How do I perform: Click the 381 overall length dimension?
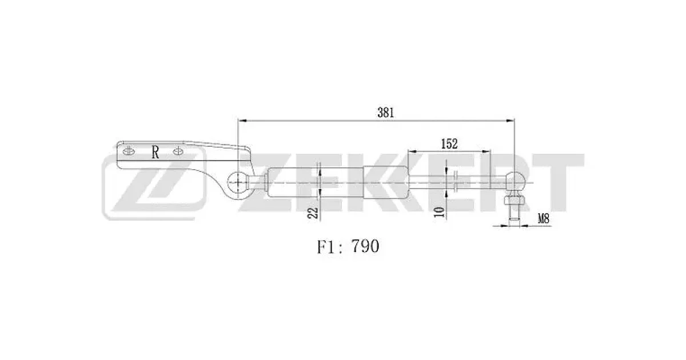tap(385, 113)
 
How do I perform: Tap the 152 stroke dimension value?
tap(449, 144)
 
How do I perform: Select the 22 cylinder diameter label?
tap(313, 213)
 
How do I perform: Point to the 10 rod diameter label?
tap(439, 212)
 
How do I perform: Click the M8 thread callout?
tap(544, 218)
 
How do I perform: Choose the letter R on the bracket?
tap(155, 152)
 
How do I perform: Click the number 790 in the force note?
tap(365, 246)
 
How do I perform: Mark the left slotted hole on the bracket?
tap(129, 151)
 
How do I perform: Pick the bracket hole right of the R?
tap(178, 151)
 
